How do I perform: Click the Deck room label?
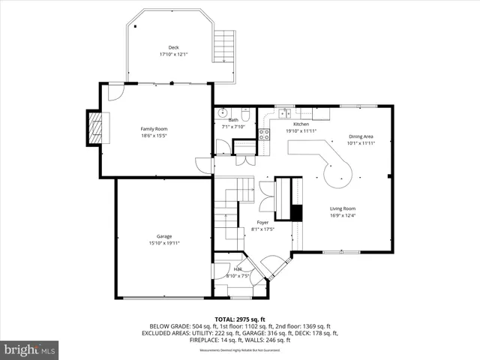173,46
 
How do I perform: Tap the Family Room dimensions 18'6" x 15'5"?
154,136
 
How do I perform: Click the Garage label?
164,236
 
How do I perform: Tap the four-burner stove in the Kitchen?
264,135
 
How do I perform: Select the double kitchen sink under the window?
286,113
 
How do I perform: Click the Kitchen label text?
301,124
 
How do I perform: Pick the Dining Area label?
361,136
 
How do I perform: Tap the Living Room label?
343,208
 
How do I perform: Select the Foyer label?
262,223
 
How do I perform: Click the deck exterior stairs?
224,46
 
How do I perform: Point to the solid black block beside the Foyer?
296,212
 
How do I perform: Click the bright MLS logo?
30,349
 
